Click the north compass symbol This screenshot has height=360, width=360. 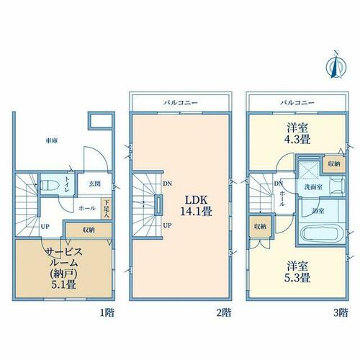coord(336,66)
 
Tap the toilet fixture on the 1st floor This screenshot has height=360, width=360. coord(50,185)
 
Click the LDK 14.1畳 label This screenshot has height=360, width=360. coord(196,206)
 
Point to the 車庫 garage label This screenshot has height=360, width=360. coord(52,140)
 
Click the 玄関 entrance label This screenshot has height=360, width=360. coord(95,184)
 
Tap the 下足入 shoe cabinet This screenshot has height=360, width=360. coord(106,208)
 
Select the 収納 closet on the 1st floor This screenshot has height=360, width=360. coord(89,230)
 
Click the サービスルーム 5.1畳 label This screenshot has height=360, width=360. coord(64,268)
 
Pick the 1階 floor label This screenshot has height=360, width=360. coord(107,312)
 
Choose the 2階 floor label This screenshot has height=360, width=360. coord(224,312)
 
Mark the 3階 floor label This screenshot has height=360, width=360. coord(341,312)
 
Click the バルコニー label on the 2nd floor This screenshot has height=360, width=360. coord(181,103)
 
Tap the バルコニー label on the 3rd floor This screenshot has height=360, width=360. coord(297,103)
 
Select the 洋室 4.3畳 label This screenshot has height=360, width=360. coord(297,133)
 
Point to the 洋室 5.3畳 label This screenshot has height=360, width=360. coord(297,272)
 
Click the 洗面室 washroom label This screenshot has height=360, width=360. coord(313,187)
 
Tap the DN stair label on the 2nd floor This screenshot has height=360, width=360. coord(167,184)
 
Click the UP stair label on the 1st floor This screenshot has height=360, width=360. coord(45,226)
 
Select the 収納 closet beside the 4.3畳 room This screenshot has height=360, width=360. coord(334,164)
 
